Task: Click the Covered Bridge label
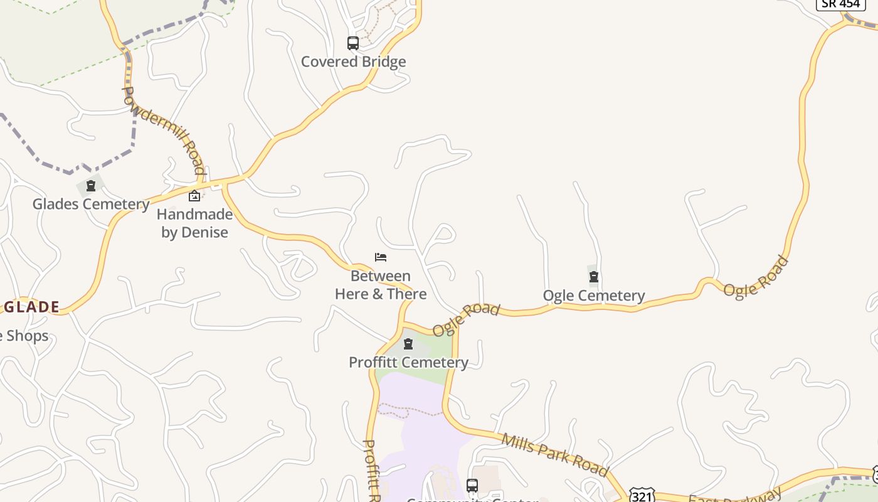coord(353,61)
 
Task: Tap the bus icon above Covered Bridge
coord(353,43)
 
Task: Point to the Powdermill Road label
coord(164,131)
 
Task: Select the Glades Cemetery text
coord(91,204)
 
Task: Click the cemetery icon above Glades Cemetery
coord(91,186)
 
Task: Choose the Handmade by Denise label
coord(194,223)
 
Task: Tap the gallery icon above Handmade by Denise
coord(194,196)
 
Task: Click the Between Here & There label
coord(381,285)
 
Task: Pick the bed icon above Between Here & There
coord(381,257)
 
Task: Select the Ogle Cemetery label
coord(593,296)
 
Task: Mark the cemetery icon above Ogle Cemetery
coord(594,277)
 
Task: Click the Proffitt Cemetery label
coord(408,362)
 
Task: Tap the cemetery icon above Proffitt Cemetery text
coord(408,344)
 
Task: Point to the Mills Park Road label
coord(554,454)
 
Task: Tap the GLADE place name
coord(31,307)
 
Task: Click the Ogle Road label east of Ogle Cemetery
coord(755,277)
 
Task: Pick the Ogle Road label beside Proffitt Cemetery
coord(466,319)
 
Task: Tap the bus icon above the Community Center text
coord(472,485)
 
